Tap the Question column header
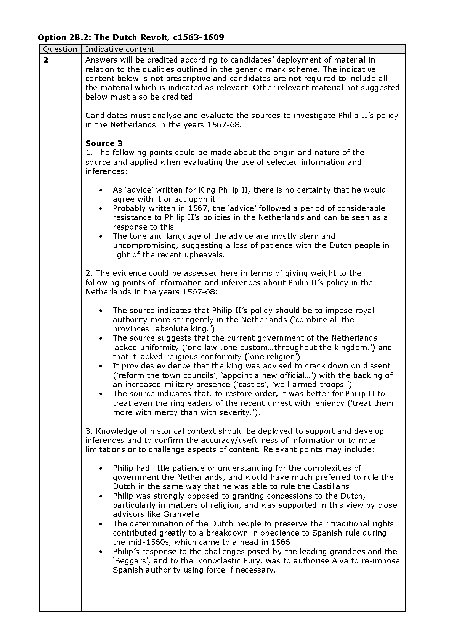coord(60,49)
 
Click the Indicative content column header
coord(120,49)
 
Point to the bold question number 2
coord(46,60)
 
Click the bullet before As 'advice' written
coord(101,190)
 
